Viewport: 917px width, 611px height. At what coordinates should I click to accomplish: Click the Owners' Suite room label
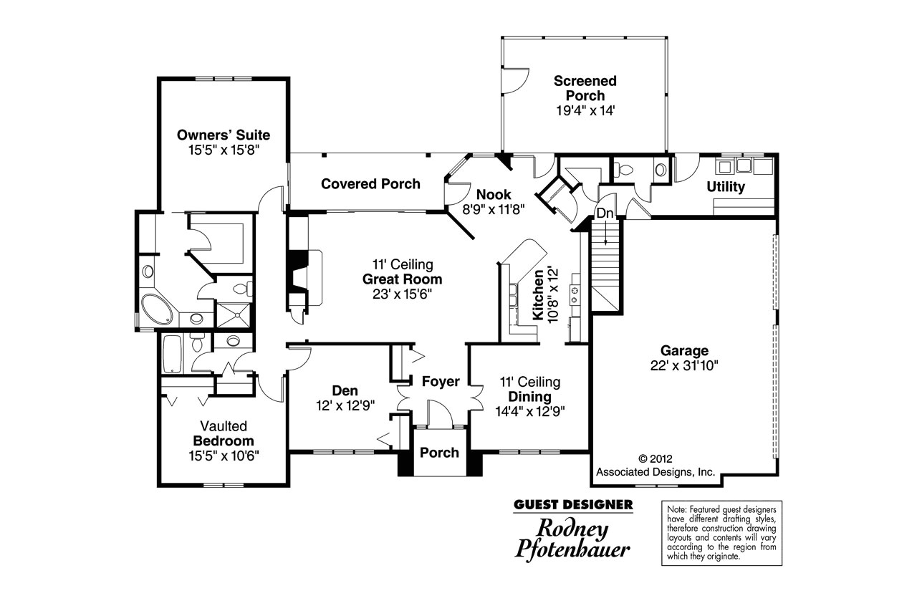(x=223, y=135)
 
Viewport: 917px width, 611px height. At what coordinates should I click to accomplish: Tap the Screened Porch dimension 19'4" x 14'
(x=585, y=110)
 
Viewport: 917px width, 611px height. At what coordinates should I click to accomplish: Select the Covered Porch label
(x=370, y=184)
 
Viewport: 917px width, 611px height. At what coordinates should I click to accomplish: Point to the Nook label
(x=494, y=194)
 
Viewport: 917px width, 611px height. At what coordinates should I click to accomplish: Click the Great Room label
(x=402, y=279)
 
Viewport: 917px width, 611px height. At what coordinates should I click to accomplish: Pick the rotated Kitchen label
(x=538, y=294)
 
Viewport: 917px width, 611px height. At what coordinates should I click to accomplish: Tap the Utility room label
(x=726, y=187)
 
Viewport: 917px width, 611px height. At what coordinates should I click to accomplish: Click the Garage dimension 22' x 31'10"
(x=684, y=365)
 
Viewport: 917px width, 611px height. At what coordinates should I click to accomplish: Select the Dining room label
(x=529, y=397)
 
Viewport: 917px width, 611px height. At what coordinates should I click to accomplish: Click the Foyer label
(x=441, y=381)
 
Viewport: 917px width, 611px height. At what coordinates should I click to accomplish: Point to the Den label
(x=345, y=390)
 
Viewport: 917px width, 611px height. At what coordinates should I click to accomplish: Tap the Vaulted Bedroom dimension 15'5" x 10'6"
(x=224, y=456)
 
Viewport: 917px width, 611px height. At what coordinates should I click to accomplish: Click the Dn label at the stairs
(x=605, y=213)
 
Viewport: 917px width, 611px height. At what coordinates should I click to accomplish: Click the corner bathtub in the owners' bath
(x=157, y=309)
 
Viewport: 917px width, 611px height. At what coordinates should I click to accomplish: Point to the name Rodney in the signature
(x=572, y=529)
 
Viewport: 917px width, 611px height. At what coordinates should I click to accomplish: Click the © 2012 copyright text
(x=655, y=459)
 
